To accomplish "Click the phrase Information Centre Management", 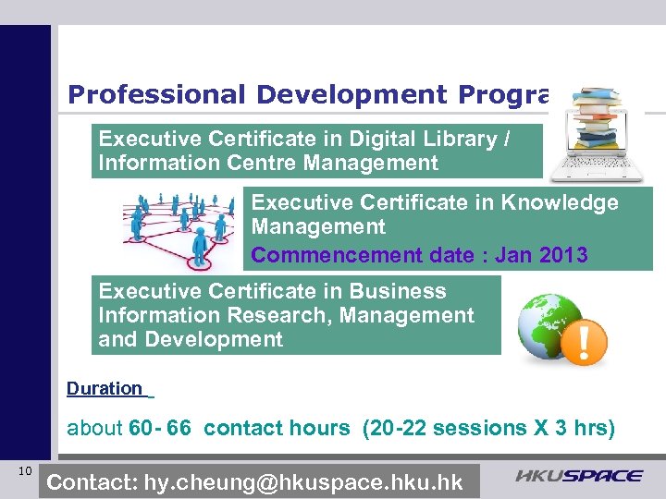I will (x=268, y=164).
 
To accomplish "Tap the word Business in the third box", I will (x=402, y=291).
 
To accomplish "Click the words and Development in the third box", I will (x=191, y=339).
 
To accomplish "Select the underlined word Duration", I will (x=105, y=389).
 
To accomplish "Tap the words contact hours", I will (x=277, y=428).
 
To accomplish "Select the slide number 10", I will (x=25, y=472).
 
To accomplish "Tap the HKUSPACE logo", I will (x=579, y=476).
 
